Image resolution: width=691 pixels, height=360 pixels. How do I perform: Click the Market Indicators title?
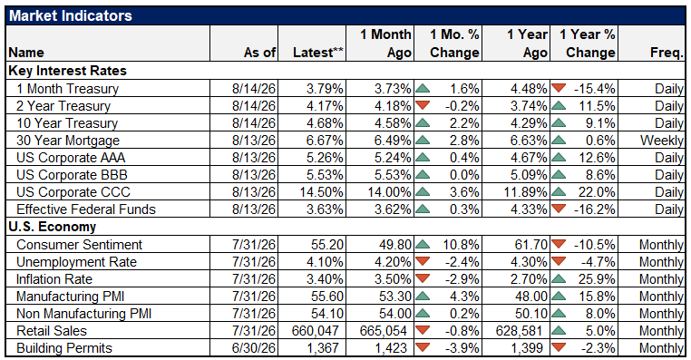pyautogui.click(x=71, y=15)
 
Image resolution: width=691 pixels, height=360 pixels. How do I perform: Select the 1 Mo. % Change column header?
pyautogui.click(x=454, y=44)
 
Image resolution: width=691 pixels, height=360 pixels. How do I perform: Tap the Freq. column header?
pyautogui.click(x=667, y=53)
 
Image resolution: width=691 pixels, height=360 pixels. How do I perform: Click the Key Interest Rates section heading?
pyautogui.click(x=67, y=71)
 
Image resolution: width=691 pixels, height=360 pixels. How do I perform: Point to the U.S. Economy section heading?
pyautogui.click(x=52, y=227)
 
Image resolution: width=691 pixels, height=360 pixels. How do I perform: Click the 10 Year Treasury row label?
pyautogui.click(x=67, y=123)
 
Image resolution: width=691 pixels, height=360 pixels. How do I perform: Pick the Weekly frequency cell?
pyautogui.click(x=661, y=141)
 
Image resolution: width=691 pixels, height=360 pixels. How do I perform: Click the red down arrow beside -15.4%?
pyautogui.click(x=559, y=88)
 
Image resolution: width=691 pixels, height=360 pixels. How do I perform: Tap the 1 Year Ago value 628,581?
pyautogui.click(x=518, y=330)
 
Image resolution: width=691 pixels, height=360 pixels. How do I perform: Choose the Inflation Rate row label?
pyautogui.click(x=54, y=279)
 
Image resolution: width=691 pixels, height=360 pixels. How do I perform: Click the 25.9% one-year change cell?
pyautogui.click(x=595, y=279)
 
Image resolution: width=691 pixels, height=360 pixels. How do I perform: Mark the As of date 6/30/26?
pyautogui.click(x=254, y=347)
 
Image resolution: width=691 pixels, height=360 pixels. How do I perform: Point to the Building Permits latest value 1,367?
pyautogui.click(x=323, y=347)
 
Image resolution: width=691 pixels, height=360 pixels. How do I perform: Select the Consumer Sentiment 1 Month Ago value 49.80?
pyautogui.click(x=393, y=245)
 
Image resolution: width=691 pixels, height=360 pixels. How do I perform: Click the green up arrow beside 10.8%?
pyautogui.click(x=423, y=244)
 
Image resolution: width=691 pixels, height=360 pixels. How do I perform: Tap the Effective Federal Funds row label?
pyautogui.click(x=86, y=209)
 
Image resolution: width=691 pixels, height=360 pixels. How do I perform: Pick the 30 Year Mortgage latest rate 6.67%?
pyautogui.click(x=325, y=141)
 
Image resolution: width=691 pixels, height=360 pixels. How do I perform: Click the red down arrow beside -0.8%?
pyautogui.click(x=423, y=329)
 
